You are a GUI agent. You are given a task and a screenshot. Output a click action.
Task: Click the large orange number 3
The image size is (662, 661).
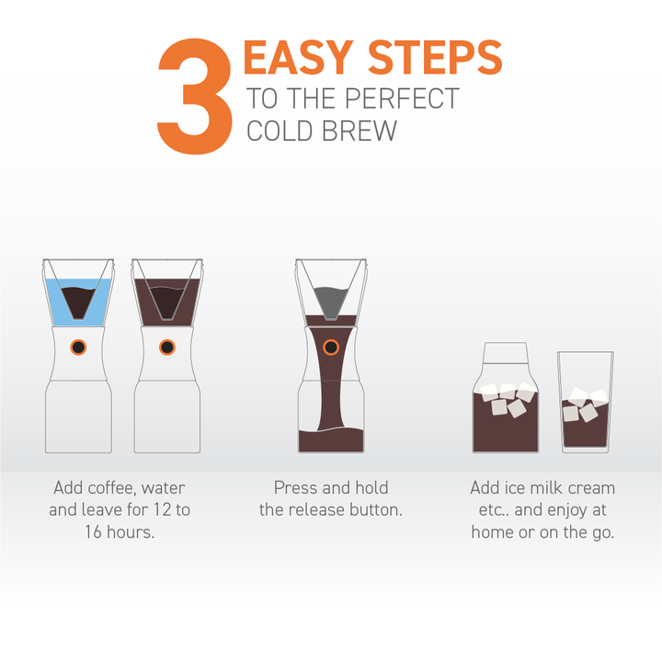click(x=196, y=97)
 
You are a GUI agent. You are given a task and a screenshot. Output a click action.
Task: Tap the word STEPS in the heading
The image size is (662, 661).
click(x=435, y=59)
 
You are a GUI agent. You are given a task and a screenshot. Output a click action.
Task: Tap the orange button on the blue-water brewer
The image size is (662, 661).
click(x=78, y=347)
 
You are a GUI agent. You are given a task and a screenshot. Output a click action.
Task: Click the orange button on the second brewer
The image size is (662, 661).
click(x=166, y=347)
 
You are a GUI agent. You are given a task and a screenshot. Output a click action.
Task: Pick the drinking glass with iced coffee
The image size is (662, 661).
click(x=586, y=405)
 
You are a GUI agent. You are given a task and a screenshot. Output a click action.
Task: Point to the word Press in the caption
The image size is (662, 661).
click(x=296, y=488)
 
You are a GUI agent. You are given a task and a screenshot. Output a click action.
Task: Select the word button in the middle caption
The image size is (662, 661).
click(x=374, y=509)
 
